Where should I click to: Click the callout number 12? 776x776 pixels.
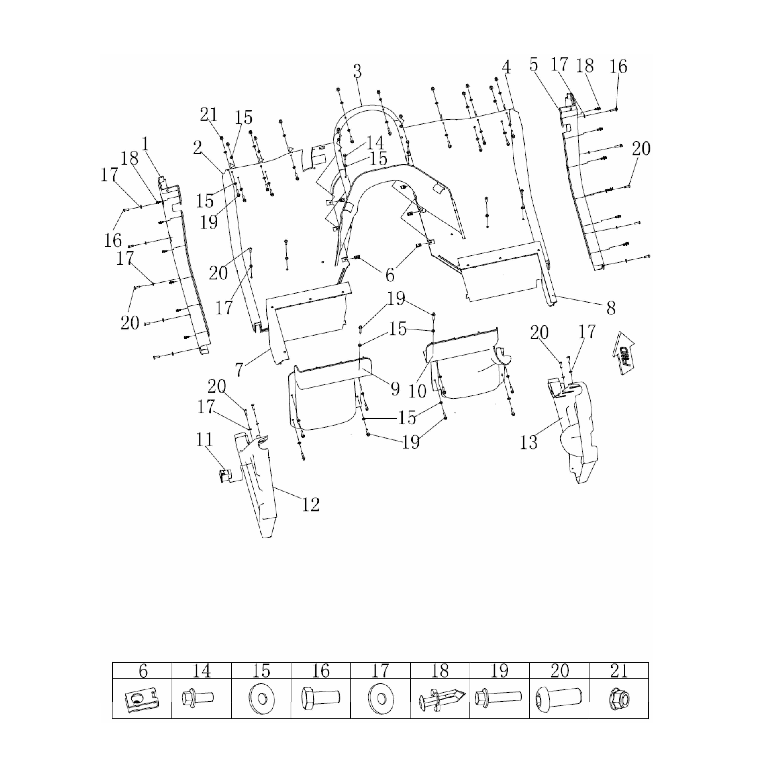(x=310, y=504)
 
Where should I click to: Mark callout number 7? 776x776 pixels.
(x=239, y=369)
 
